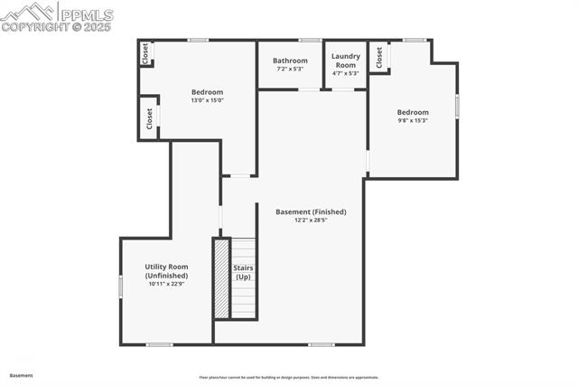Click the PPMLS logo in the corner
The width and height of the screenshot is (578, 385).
click(x=57, y=16)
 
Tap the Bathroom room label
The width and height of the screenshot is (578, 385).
click(x=290, y=61)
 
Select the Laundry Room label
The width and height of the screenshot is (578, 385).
click(x=345, y=61)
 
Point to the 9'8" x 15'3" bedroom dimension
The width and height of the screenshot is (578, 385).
click(x=412, y=120)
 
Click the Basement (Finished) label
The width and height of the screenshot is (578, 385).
click(x=311, y=211)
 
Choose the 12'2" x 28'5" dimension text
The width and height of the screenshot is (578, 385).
click(x=311, y=220)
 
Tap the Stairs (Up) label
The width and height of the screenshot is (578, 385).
click(x=244, y=272)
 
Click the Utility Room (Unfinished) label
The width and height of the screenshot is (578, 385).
click(x=166, y=270)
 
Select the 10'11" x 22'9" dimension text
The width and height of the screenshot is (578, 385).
click(x=166, y=284)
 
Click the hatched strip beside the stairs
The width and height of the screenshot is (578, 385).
click(x=221, y=278)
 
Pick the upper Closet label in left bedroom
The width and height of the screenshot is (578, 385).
click(x=144, y=54)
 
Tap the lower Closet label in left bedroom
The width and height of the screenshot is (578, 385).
click(x=148, y=118)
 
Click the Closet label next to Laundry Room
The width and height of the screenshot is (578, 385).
click(x=379, y=57)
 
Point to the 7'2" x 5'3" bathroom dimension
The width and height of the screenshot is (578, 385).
click(x=290, y=69)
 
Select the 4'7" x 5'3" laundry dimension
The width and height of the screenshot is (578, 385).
click(x=345, y=73)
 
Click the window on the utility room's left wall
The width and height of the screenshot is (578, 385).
click(x=120, y=285)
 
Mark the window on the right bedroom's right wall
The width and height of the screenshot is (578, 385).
click(x=457, y=106)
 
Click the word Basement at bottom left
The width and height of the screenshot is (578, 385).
click(x=21, y=375)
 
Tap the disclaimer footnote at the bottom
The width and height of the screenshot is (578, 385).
click(x=289, y=378)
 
